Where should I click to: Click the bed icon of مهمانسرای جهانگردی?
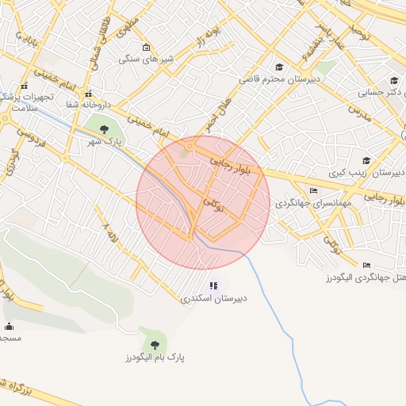pos(314,190)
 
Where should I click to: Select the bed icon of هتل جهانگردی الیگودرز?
pos(366,265)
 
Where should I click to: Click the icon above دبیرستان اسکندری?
pos(213,285)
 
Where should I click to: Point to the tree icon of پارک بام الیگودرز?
pos(155,344)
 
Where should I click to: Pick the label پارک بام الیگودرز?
pos(155,358)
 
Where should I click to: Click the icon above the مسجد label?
pos(10,326)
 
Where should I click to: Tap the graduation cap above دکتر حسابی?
pos(395,79)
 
